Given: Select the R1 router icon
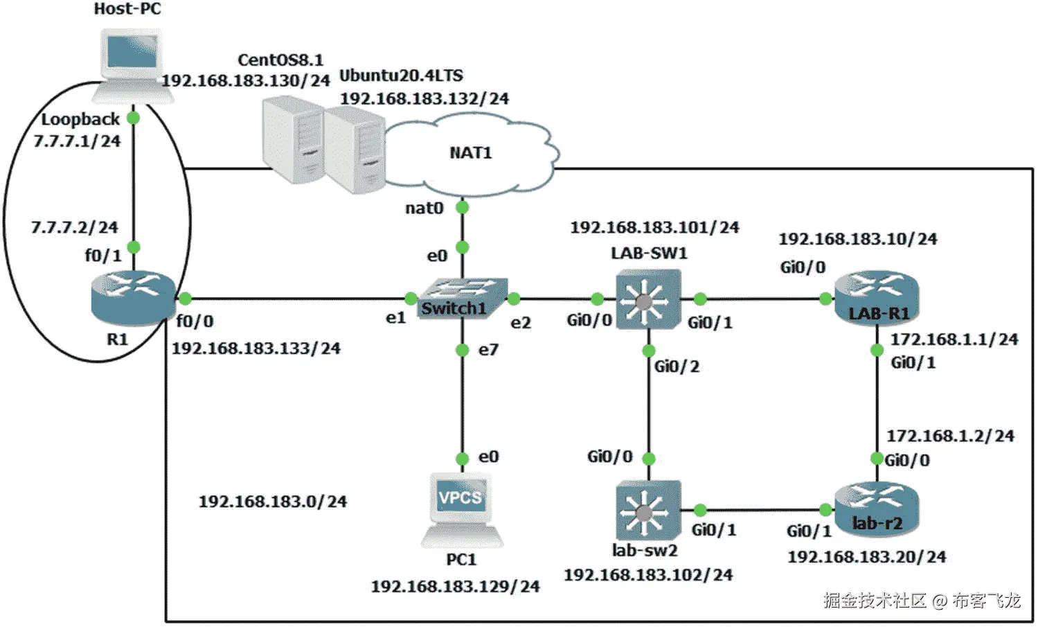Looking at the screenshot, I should [133, 297].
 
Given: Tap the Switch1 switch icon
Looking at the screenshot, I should [463, 299].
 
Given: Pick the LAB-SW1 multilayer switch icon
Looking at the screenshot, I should [647, 299].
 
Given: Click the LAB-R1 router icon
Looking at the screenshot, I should [877, 297].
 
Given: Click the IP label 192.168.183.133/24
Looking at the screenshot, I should [256, 348].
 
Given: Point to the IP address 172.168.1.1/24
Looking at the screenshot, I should [954, 339].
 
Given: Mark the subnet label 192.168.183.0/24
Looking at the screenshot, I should [273, 502].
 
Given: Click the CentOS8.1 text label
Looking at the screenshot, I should [280, 60].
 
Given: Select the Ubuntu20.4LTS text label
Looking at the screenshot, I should [401, 76].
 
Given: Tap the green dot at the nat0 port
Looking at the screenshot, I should [463, 207].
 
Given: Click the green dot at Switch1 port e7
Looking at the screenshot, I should [463, 350].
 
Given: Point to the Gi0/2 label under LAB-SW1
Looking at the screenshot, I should [677, 367].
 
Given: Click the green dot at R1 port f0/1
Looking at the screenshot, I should [134, 247].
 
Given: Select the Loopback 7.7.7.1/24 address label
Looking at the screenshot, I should [77, 141].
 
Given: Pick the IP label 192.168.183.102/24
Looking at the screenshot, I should [648, 575].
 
